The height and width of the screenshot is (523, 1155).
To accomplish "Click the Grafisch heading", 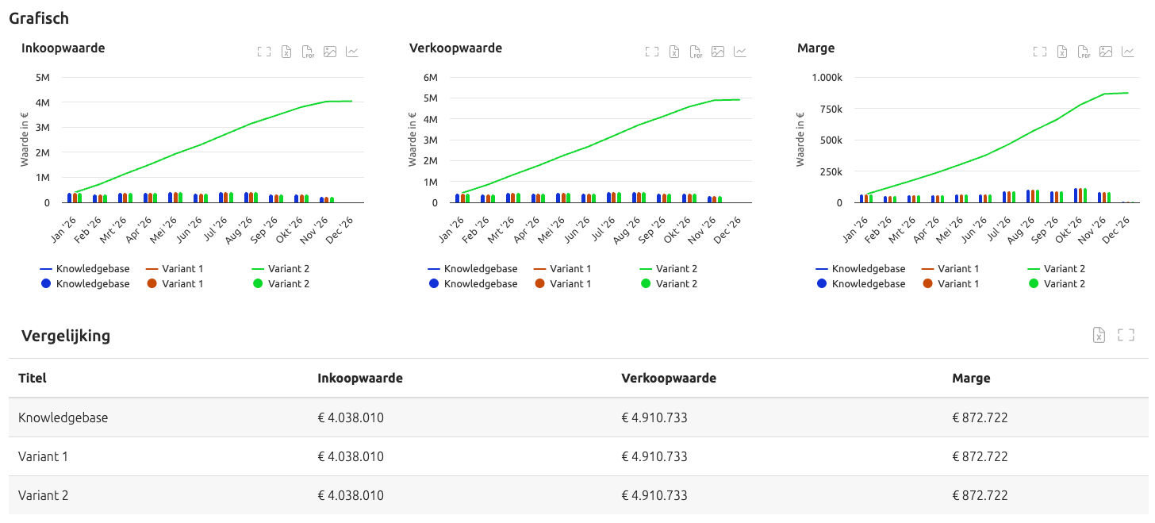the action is point(39,18).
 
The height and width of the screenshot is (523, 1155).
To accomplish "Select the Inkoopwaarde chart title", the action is point(63,48).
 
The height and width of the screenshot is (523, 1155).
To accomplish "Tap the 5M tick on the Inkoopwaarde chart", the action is point(43,77).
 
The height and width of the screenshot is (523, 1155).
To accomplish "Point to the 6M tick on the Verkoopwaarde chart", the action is point(431,77).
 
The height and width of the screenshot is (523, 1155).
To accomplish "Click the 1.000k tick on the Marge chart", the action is point(827,77).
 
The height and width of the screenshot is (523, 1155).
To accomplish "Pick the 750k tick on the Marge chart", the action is point(831,109).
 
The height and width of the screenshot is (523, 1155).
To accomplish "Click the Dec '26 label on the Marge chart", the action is point(1116,229).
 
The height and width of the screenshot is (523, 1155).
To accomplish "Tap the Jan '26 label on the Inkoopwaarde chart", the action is point(63,229).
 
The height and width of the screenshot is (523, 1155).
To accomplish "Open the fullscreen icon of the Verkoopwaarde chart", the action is point(652,52).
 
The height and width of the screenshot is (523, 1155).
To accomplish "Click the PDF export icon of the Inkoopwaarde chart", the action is point(308,52).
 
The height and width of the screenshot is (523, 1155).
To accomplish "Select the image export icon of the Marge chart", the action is point(1106,52).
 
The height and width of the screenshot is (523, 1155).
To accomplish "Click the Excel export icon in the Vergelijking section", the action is point(1099,335).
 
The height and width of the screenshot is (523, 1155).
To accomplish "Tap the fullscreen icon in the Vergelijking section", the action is point(1126,335).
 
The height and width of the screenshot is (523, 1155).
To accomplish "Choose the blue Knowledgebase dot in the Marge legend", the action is point(822,283).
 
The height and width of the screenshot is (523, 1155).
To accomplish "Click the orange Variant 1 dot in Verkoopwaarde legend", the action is point(540,283).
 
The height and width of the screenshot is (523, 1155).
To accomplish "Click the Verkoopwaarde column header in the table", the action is point(669,378).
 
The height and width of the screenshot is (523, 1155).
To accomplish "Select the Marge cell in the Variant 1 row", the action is point(980,456).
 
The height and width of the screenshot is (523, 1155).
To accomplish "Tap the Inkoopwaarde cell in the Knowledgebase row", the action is point(351,417).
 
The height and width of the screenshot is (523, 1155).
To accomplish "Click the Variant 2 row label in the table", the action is point(44,496).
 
